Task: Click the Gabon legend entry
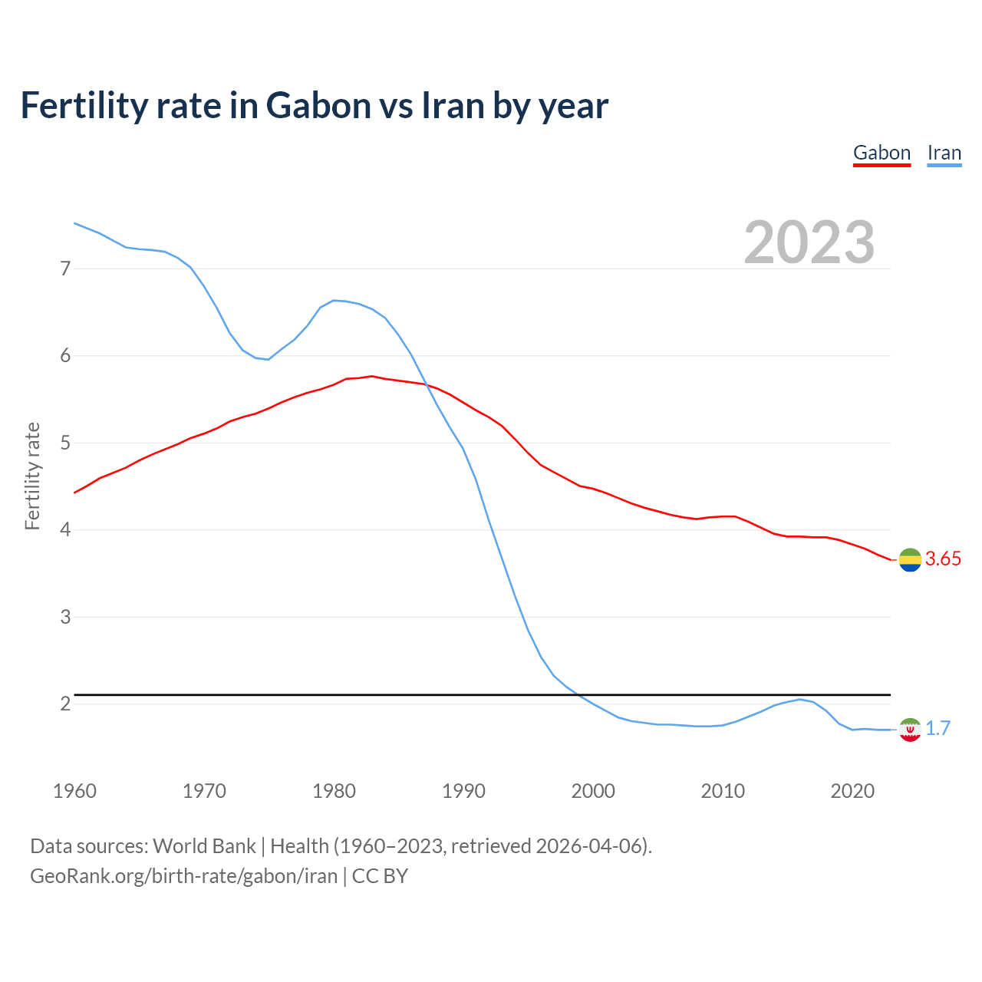[881, 153]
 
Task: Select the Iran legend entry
[944, 153]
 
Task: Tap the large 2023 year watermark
[809, 242]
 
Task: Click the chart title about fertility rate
[314, 105]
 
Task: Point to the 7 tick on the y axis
[65, 269]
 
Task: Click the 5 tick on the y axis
[65, 443]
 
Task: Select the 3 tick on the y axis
[65, 617]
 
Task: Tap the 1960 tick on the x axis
[74, 791]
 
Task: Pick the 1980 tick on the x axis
[334, 791]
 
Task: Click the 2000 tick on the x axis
[593, 791]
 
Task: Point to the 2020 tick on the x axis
[852, 791]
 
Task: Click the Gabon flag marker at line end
[909, 560]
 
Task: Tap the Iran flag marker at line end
[909, 730]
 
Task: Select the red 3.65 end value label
[943, 559]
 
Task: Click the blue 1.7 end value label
[938, 729]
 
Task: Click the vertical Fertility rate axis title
[32, 476]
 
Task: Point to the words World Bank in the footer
[204, 846]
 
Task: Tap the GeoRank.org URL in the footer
[183, 876]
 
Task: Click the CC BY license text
[380, 876]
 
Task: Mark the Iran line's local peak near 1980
[334, 300]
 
